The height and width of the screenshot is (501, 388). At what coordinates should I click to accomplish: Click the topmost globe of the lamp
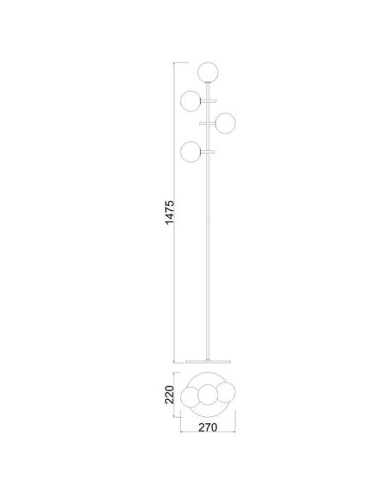tap(207, 71)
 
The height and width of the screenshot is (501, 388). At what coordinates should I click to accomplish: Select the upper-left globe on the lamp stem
tap(191, 100)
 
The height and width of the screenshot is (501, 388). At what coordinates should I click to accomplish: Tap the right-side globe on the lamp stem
tap(226, 124)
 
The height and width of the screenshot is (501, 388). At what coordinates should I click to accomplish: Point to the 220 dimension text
tap(169, 395)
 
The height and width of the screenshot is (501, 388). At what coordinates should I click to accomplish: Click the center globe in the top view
tap(208, 395)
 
